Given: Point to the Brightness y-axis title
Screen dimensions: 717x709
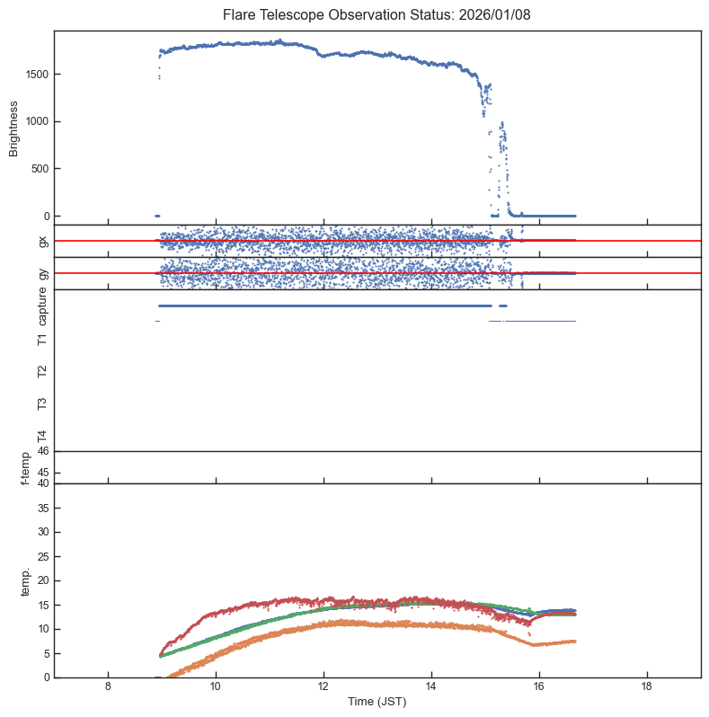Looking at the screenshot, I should pyautogui.click(x=14, y=127).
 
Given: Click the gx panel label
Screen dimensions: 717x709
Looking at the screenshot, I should pyautogui.click(x=43, y=241).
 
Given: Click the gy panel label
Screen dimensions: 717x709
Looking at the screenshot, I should pyautogui.click(x=43, y=273).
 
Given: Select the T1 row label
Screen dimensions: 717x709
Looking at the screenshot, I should pyautogui.click(x=43, y=339).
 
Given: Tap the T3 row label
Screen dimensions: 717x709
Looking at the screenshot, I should pyautogui.click(x=43, y=403).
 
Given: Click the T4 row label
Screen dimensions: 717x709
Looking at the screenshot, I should pyautogui.click(x=43, y=436).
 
